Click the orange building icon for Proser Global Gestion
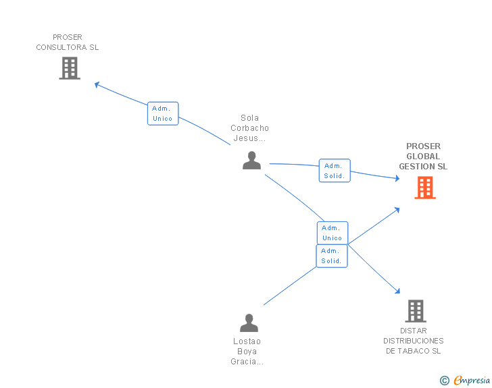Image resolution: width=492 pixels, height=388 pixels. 425,188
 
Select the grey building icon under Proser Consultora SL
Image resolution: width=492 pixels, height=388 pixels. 70,68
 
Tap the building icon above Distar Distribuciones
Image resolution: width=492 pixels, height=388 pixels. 416,311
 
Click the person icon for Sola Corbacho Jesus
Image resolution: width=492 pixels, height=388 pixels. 251,161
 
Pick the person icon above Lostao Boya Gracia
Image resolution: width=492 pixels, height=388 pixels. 249,323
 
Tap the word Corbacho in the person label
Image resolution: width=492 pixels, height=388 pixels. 249,128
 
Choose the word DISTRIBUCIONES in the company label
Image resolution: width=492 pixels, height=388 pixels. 413,341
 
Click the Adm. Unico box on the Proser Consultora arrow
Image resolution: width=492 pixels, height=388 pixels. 163,113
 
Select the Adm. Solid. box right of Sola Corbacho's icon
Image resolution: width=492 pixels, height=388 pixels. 335,171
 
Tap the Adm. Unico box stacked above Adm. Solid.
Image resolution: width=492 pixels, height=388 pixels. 332,233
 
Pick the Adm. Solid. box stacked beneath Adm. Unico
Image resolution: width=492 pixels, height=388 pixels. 331,256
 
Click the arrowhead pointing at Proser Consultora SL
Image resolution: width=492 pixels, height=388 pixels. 97,84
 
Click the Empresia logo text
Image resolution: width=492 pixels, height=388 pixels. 472,381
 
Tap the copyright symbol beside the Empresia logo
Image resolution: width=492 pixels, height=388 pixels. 445,381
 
